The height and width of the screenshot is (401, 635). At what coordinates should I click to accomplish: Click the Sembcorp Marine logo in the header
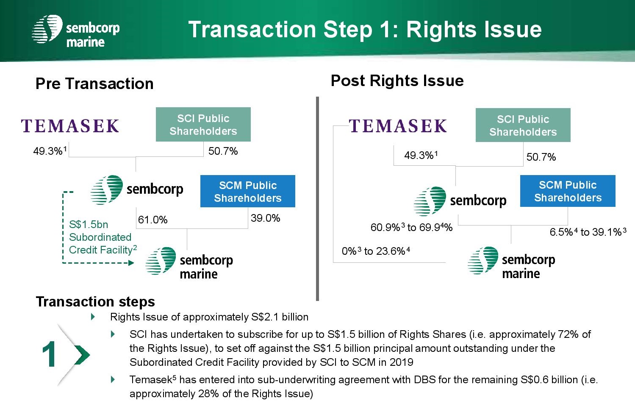(76, 31)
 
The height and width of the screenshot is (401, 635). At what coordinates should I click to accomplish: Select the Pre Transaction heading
(94, 84)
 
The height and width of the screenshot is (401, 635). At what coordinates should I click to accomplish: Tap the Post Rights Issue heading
(397, 81)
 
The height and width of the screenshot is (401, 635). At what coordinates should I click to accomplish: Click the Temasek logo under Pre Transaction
(70, 126)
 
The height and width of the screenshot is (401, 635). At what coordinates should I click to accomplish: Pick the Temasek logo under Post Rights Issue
(398, 126)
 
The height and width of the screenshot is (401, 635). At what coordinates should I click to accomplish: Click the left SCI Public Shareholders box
(203, 125)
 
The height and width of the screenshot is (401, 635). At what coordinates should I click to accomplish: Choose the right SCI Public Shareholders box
(523, 125)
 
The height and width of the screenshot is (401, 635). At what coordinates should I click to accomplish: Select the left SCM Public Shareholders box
(248, 191)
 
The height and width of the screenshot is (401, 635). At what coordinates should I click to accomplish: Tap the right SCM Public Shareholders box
(568, 191)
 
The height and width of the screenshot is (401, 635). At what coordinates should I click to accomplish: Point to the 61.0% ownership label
(153, 220)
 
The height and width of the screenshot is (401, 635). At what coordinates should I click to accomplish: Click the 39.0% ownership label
(265, 218)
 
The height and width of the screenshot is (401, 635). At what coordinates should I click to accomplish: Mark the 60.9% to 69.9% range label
(411, 227)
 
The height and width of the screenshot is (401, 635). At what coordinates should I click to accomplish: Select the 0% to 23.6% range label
(376, 251)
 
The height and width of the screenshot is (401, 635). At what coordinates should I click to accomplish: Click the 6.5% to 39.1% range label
(588, 232)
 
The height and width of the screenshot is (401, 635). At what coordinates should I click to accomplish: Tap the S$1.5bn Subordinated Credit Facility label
(103, 237)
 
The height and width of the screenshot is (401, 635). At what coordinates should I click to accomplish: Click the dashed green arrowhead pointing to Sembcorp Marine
(131, 263)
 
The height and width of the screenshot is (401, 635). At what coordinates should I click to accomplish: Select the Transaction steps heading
(95, 301)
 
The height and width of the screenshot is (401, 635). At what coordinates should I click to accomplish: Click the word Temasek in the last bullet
(151, 380)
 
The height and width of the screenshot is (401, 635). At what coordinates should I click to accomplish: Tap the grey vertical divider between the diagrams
(318, 198)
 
